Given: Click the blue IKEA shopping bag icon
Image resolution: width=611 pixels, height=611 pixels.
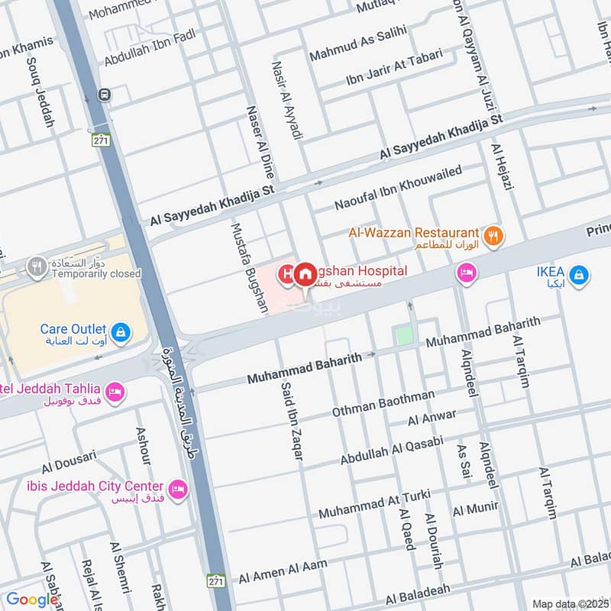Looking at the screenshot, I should click(x=580, y=273).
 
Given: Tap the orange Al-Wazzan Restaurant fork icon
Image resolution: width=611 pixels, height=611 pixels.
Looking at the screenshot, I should click(x=494, y=236).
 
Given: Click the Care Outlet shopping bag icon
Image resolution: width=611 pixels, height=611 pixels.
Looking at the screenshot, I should click(x=120, y=332).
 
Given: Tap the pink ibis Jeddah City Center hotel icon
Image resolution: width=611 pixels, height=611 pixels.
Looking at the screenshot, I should click(x=178, y=489).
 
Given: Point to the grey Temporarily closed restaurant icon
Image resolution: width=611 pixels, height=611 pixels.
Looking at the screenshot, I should click(x=34, y=267).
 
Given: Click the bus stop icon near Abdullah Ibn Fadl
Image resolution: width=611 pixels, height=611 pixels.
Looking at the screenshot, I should click(x=104, y=95).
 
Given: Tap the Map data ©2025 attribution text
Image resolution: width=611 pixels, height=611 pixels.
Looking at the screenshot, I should click(x=570, y=604).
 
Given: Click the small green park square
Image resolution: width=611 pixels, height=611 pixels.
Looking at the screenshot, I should click(x=402, y=335).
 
